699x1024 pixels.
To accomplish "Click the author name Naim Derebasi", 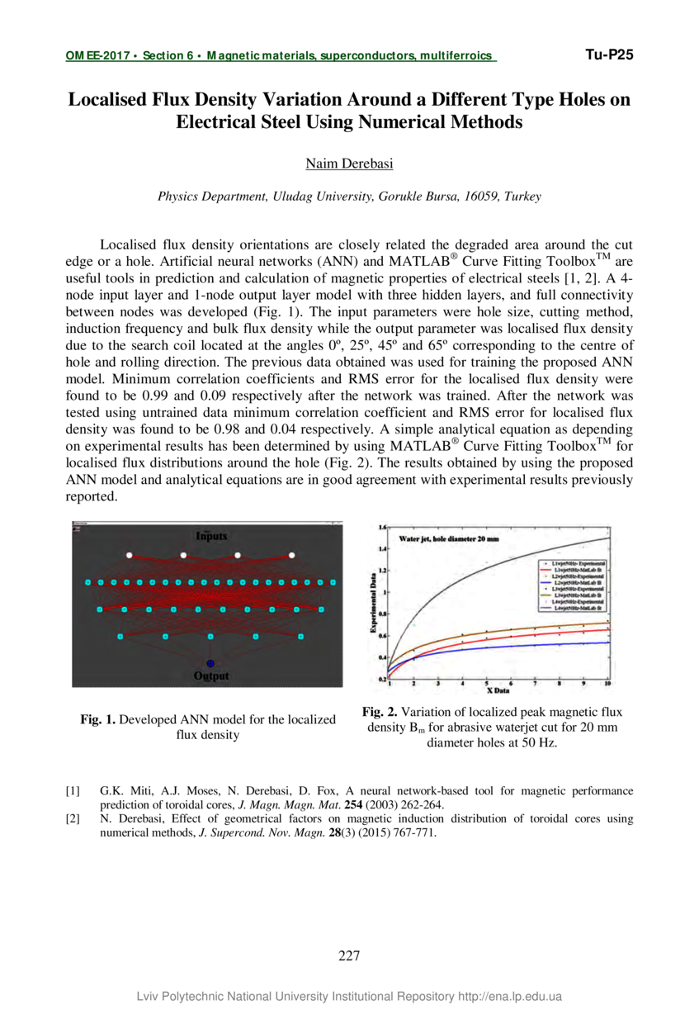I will pos(349,164).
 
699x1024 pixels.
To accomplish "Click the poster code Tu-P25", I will pos(609,55).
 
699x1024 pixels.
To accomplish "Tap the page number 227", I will pos(349,956).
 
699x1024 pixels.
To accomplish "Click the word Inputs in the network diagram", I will pos(210,536).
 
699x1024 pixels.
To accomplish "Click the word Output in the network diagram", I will pos(211,676).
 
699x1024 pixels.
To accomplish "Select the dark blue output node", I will pos(210,663).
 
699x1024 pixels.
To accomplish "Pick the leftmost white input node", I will pos(130,555).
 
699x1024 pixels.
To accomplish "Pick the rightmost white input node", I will pos(291,555).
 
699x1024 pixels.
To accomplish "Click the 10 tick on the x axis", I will pos(608,685).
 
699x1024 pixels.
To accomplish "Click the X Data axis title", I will pos(498,690).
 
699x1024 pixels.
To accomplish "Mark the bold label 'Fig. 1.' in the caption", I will pos(99,720).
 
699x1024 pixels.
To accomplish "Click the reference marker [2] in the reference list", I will pos(73,819).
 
